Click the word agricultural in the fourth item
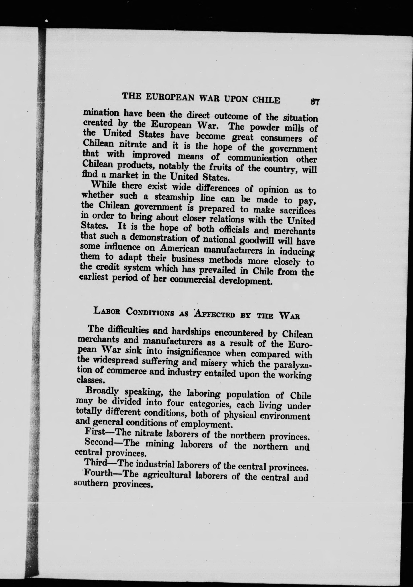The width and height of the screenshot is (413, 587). tap(167, 475)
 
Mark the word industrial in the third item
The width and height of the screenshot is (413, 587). tap(155, 464)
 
